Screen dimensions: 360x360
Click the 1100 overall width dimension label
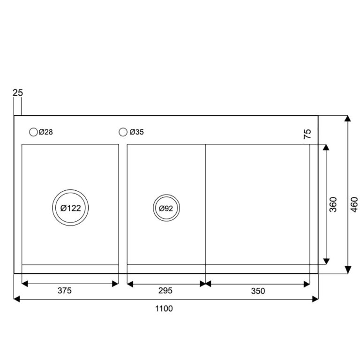point(164,308)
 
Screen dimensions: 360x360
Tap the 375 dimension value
point(65,291)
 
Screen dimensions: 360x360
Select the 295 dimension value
point(165,291)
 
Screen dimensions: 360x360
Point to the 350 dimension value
point(257,291)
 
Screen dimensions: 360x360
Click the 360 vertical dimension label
point(333,204)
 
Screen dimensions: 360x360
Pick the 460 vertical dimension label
point(354,204)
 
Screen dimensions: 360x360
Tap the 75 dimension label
point(307,134)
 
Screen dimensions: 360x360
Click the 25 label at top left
point(17,93)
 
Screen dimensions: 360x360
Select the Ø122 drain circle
point(70,209)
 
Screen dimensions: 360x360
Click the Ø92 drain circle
point(166,209)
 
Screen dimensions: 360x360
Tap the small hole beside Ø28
point(33,132)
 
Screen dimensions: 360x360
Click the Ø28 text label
point(46,132)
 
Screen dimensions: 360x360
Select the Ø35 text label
point(136,132)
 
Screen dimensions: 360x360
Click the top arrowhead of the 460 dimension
point(348,119)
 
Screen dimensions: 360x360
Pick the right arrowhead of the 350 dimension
point(307,283)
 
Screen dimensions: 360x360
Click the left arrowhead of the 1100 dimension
point(17,299)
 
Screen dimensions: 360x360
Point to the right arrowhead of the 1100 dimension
point(315,299)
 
